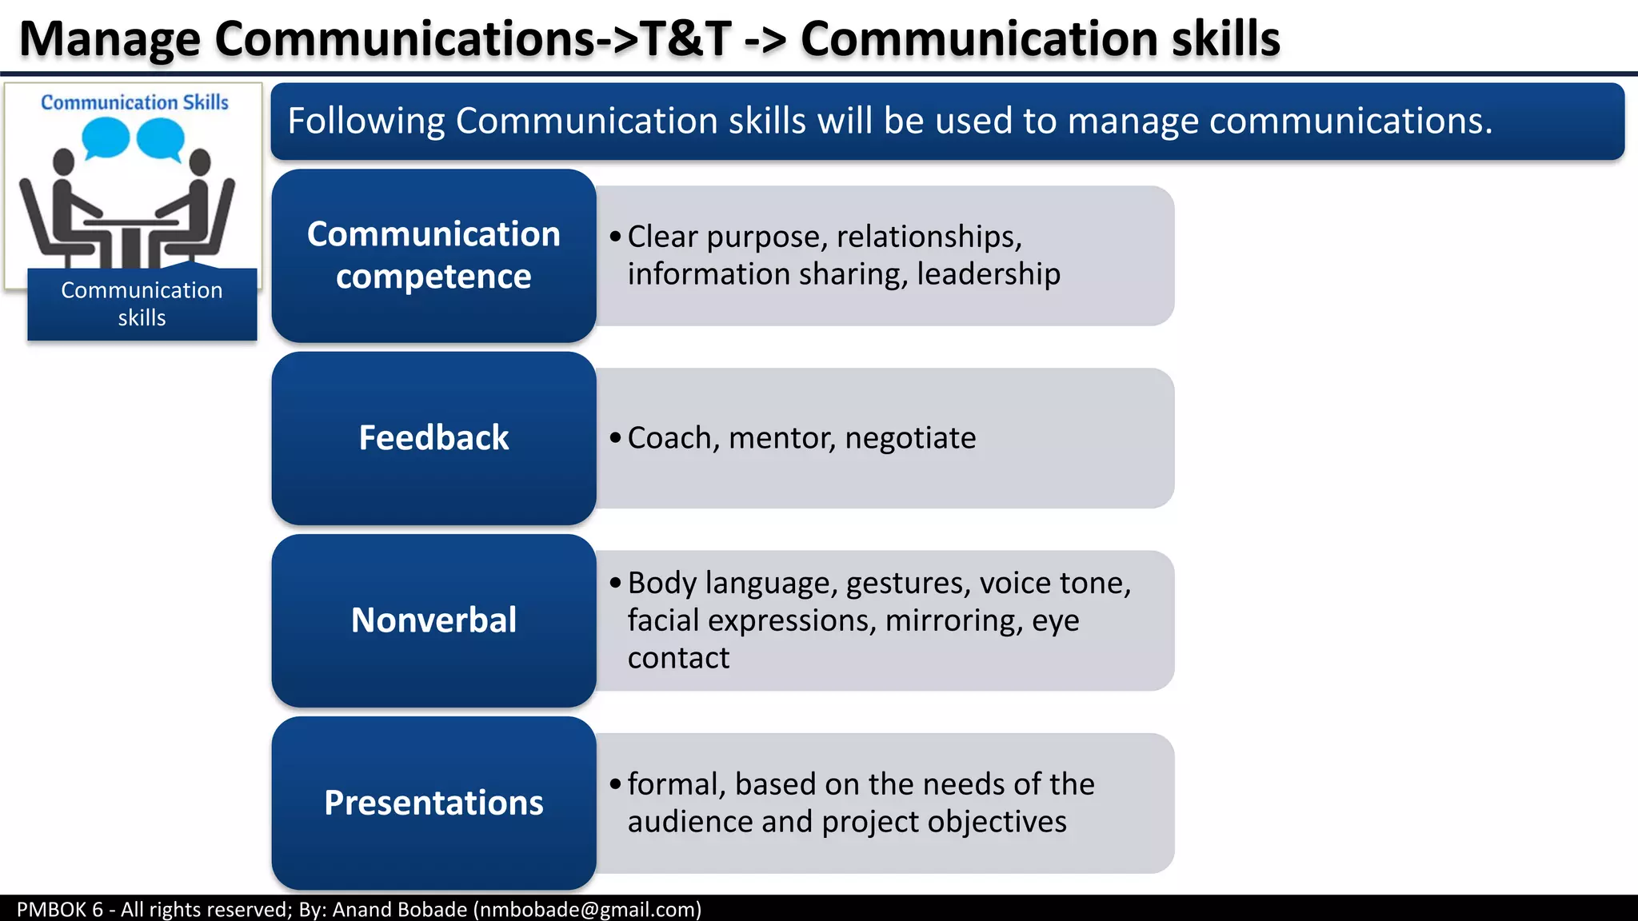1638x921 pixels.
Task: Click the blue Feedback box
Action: coord(433,438)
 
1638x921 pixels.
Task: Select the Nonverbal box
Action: coord(433,620)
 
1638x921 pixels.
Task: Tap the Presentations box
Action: coord(433,803)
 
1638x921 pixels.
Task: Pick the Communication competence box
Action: coord(433,256)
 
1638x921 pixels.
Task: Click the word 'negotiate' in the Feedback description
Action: coord(910,438)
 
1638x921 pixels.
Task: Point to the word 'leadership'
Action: coord(989,274)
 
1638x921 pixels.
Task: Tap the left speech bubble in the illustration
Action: coord(106,138)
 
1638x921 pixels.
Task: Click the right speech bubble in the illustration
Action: coord(161,138)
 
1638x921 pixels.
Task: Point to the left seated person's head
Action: coord(63,161)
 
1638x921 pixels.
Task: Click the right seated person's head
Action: coord(200,161)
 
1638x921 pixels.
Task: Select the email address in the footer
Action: coord(588,909)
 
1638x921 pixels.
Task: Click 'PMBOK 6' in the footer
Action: coord(60,909)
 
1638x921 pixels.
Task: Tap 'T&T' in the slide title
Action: coord(686,38)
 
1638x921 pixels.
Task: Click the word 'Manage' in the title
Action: coord(110,38)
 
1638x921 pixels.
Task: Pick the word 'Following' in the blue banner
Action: coord(366,121)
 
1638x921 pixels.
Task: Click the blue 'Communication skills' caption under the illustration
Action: coord(142,304)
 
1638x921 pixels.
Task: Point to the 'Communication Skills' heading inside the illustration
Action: coord(134,102)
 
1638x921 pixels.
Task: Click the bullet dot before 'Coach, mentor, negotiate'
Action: coord(614,437)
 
